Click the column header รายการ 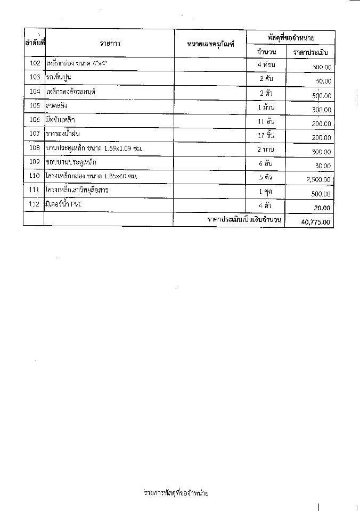point(109,44)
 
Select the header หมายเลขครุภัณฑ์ point(210,44)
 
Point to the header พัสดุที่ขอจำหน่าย point(290,37)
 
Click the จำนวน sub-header point(266,52)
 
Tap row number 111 point(35,190)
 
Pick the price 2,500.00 point(318,180)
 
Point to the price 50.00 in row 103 point(323,81)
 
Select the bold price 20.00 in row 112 point(322,208)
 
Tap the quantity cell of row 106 point(265,121)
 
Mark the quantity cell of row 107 point(265,135)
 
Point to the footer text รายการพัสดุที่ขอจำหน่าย point(176,493)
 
